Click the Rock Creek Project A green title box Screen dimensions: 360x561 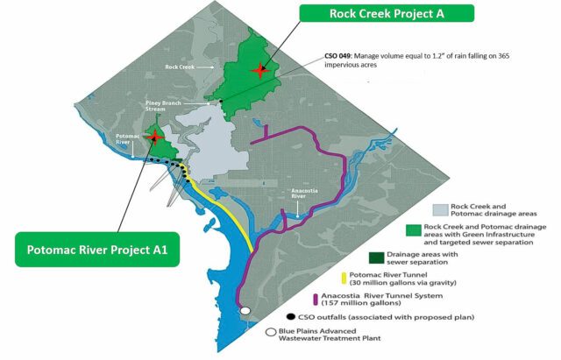(x=385, y=13)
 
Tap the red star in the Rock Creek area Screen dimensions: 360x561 (x=257, y=69)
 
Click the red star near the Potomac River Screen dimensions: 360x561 (x=155, y=137)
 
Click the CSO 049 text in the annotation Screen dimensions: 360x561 (x=337, y=53)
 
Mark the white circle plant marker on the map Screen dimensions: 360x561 (x=245, y=311)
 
